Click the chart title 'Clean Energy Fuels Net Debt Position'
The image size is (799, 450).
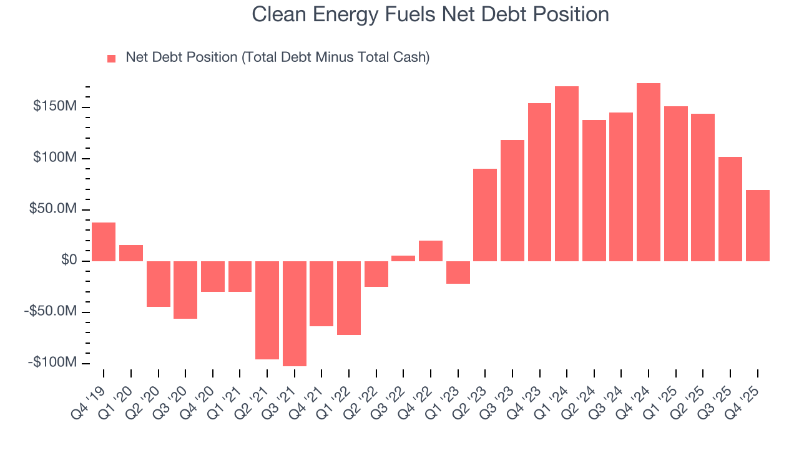(x=430, y=14)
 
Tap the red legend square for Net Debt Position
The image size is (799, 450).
(x=112, y=58)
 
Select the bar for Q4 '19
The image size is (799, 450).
(x=104, y=242)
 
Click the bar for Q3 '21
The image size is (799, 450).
(x=295, y=313)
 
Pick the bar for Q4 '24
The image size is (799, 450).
(x=649, y=172)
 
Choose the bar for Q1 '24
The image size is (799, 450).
(x=567, y=174)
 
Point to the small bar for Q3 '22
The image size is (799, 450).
(x=403, y=258)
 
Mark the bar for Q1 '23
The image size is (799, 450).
(x=458, y=272)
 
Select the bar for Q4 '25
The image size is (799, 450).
(x=758, y=226)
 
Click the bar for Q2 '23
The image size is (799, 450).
(x=485, y=215)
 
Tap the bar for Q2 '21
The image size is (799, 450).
(x=267, y=310)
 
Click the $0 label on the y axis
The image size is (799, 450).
(x=69, y=260)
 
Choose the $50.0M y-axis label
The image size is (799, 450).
(x=54, y=209)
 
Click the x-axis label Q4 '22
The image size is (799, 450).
(x=424, y=394)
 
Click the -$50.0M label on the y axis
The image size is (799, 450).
(x=54, y=311)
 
